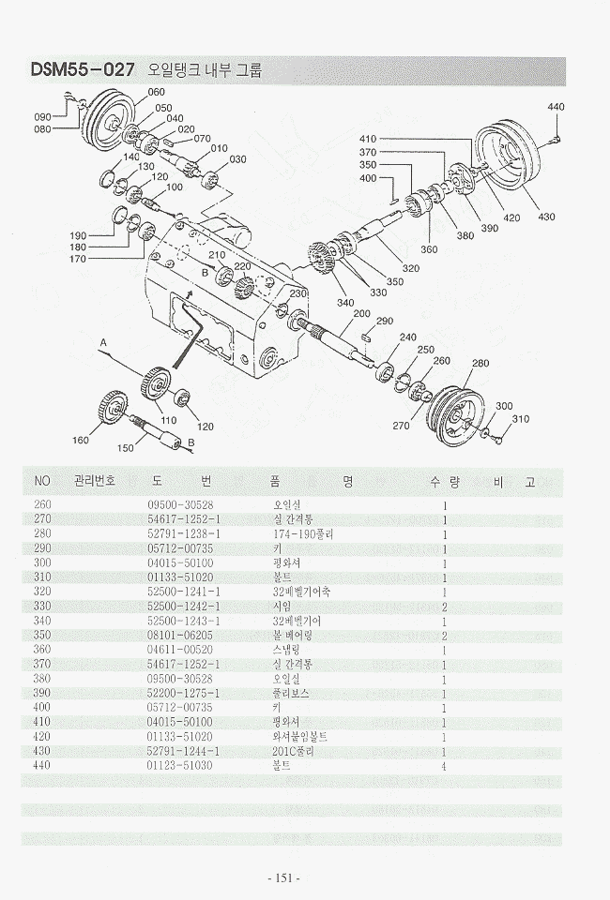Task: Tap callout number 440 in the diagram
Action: pyautogui.click(x=556, y=107)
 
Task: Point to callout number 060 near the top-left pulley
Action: pyautogui.click(x=156, y=92)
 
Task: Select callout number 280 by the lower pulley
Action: pyautogui.click(x=480, y=363)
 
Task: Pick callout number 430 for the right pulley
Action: pyautogui.click(x=545, y=217)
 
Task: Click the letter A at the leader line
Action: pyautogui.click(x=104, y=343)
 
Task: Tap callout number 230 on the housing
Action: pyautogui.click(x=297, y=294)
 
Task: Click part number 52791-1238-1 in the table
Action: pyautogui.click(x=184, y=533)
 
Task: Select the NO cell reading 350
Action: pyautogui.click(x=42, y=636)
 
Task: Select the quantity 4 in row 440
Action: pyautogui.click(x=444, y=766)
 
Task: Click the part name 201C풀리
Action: pyautogui.click(x=290, y=751)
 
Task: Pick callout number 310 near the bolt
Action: pyautogui.click(x=521, y=419)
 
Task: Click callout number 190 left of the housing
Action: pyautogui.click(x=78, y=235)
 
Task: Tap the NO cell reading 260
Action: pyautogui.click(x=42, y=504)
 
